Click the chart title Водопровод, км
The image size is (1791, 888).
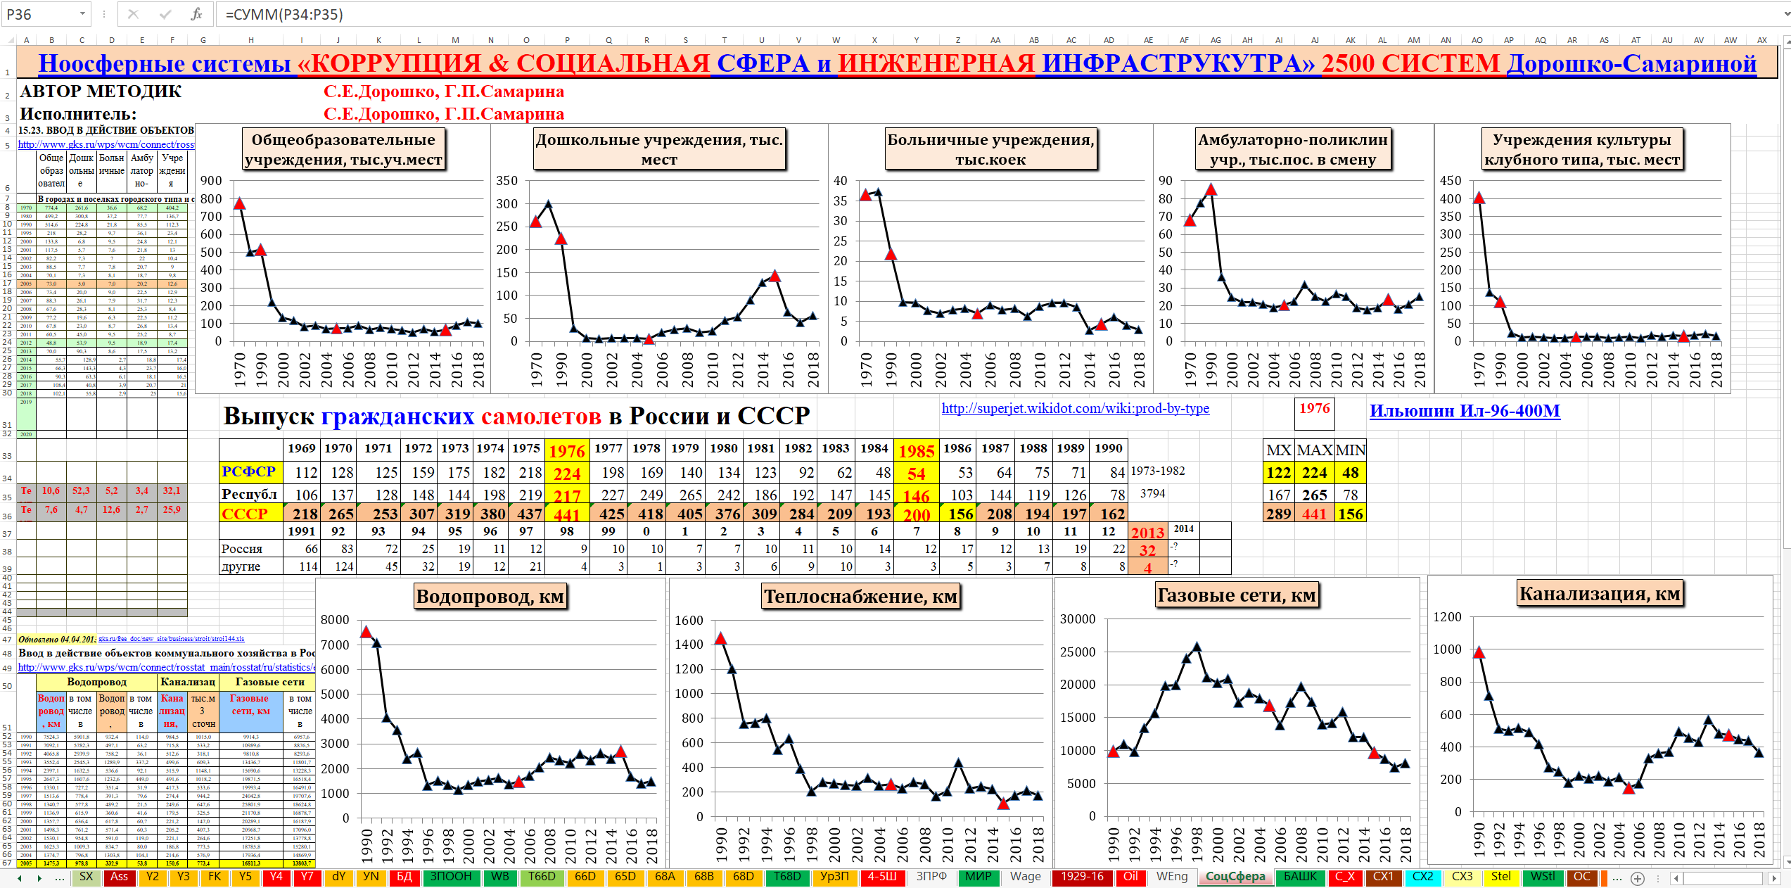(490, 597)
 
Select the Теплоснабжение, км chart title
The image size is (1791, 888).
(860, 597)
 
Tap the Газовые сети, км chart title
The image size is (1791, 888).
(1237, 595)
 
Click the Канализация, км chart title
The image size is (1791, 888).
(1600, 594)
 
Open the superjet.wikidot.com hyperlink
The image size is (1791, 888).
(1075, 408)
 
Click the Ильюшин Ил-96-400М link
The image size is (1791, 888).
(1465, 411)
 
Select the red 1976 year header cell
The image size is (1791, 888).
(567, 451)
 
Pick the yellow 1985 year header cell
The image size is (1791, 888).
(916, 451)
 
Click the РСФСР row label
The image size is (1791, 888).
(248, 471)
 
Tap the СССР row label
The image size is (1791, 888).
(245, 514)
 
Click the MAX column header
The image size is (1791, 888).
(1314, 450)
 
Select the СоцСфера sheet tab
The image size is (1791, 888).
(1235, 877)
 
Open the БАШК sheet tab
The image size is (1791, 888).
(1300, 877)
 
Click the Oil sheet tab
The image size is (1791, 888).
(1130, 877)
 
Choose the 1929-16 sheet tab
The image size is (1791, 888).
(1082, 877)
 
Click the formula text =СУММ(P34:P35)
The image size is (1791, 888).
(284, 14)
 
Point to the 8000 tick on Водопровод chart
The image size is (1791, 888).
(335, 620)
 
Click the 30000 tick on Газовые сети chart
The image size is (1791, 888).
(1078, 619)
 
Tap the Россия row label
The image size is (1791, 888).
(242, 549)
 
